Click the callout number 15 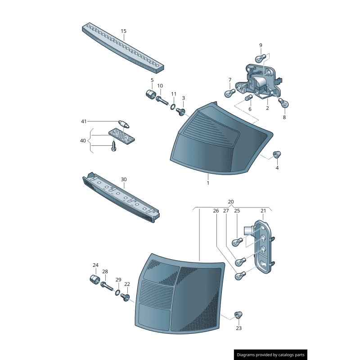(123, 31)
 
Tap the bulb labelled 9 (259, 58)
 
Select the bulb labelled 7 (229, 93)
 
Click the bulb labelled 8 (283, 103)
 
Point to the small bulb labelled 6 (247, 98)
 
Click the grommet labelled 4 (278, 155)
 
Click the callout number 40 (83, 141)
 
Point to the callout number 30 (123, 179)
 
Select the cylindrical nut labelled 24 (94, 279)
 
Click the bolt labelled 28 (107, 286)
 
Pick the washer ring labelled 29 (117, 293)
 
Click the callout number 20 (231, 202)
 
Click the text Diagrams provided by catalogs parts (270, 355)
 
